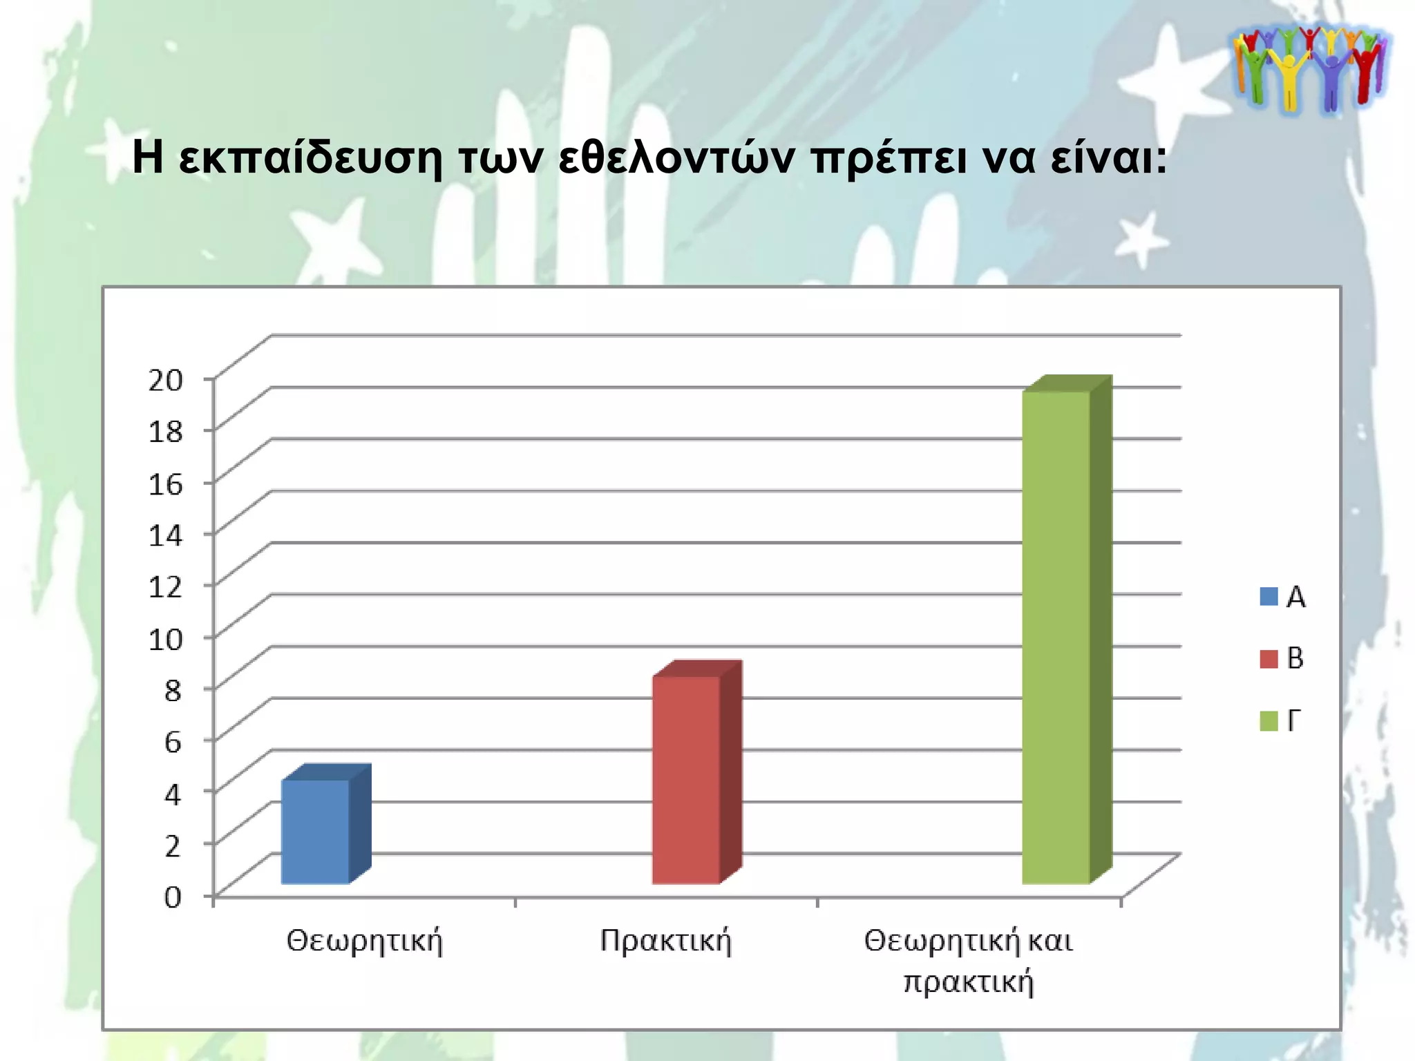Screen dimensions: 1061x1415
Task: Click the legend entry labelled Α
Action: click(1284, 597)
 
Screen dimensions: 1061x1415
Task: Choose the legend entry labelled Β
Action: click(1283, 658)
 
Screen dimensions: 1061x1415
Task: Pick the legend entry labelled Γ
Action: click(1281, 720)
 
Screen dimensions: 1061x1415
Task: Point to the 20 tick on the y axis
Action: click(166, 379)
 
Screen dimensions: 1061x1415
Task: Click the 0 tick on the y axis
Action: click(173, 897)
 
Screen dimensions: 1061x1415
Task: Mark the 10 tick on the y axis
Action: click(166, 638)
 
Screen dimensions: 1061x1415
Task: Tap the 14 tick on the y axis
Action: click(166, 535)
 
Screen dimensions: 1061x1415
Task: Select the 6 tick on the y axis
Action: click(173, 742)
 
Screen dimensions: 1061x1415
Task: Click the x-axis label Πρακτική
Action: click(665, 941)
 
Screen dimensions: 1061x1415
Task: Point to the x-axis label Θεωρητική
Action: click(364, 941)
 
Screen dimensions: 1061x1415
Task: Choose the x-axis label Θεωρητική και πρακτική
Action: click(968, 960)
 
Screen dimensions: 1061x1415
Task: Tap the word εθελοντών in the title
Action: click(676, 159)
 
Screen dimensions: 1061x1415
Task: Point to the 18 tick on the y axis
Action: click(166, 431)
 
